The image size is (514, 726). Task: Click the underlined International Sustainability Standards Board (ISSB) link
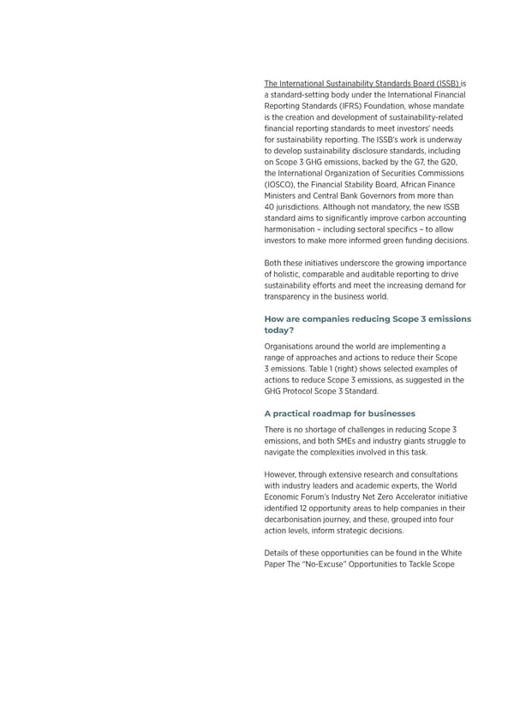(x=362, y=84)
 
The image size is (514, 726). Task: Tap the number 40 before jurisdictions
(x=270, y=206)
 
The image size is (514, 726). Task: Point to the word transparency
(x=290, y=296)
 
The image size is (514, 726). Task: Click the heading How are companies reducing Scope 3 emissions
(x=368, y=318)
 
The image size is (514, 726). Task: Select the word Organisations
(x=292, y=347)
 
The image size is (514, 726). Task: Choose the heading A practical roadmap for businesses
(x=340, y=413)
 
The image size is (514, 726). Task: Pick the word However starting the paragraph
(x=283, y=474)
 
